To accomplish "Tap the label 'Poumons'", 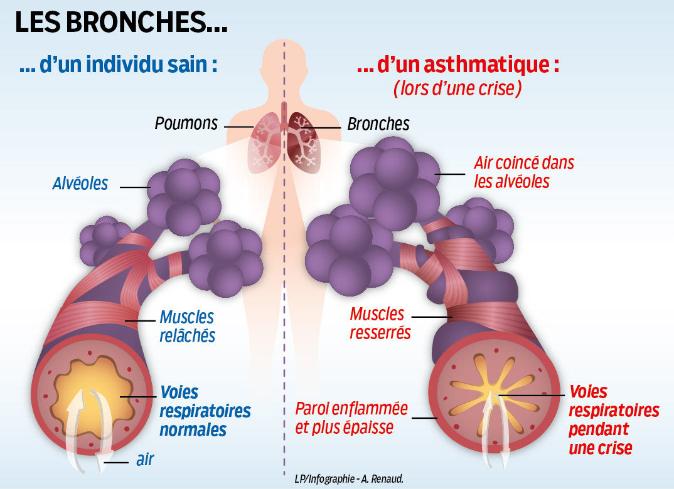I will [x=186, y=124].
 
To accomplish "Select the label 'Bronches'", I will [x=378, y=124].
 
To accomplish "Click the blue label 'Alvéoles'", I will [x=80, y=184].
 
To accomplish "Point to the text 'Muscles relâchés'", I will [x=187, y=326].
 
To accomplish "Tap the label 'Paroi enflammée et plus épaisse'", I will [x=351, y=418].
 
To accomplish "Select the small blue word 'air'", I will [x=145, y=460].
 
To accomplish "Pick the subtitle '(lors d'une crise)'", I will [x=457, y=89].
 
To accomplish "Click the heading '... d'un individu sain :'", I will [x=119, y=66].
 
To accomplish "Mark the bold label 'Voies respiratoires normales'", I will [x=205, y=411].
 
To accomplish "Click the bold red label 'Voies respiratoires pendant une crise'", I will [x=614, y=419].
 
